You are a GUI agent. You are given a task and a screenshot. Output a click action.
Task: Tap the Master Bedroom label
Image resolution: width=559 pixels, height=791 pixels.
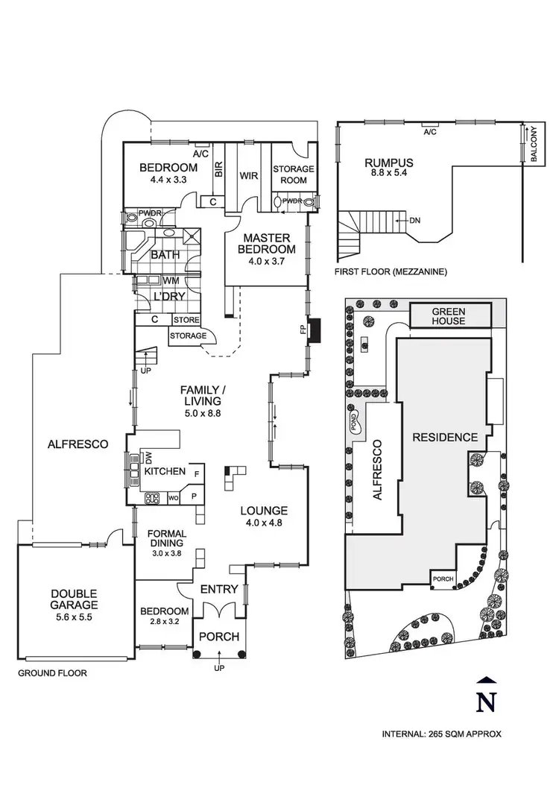click(267, 243)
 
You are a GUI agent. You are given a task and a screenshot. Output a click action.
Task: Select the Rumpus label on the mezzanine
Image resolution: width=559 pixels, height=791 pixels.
click(388, 162)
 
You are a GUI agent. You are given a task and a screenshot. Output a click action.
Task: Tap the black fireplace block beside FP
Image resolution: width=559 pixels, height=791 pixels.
click(315, 329)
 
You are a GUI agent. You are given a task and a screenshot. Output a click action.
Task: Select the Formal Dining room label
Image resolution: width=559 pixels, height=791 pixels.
click(166, 538)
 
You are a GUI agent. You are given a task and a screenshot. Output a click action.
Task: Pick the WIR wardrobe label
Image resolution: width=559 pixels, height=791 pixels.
click(248, 176)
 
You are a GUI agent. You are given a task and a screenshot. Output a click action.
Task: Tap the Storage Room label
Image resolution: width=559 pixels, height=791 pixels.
click(293, 174)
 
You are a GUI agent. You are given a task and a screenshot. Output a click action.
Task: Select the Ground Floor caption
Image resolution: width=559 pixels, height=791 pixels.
click(52, 673)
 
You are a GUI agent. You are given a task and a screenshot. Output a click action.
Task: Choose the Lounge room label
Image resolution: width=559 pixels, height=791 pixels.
click(264, 511)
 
